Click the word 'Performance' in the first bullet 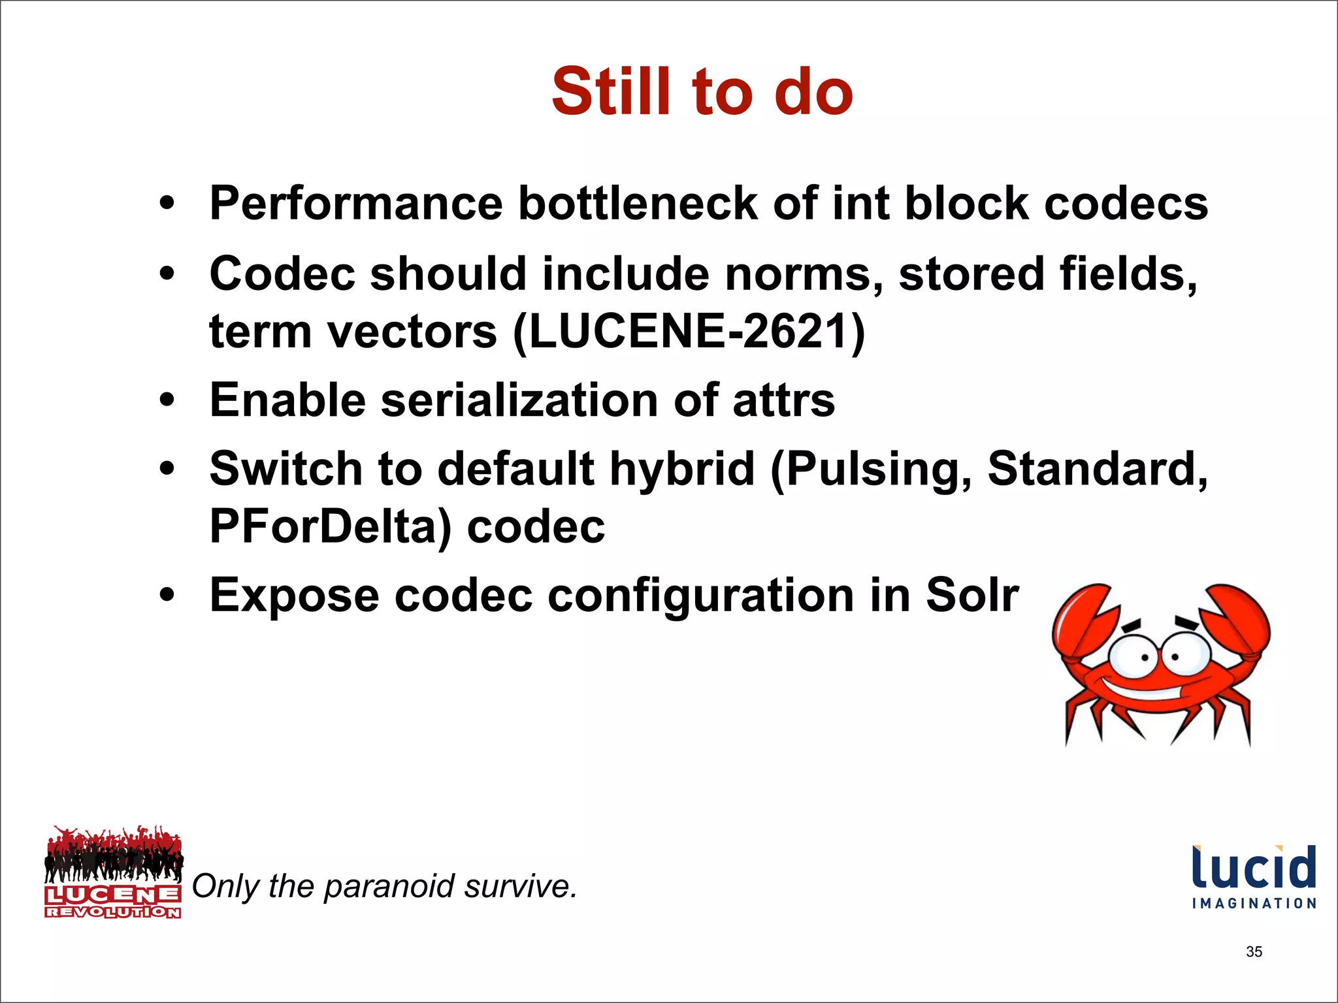tap(356, 204)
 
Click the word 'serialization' tap(519, 400)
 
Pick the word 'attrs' tap(783, 400)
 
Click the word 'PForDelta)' tap(330, 526)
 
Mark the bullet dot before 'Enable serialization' tap(167, 400)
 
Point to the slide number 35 tap(1254, 951)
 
